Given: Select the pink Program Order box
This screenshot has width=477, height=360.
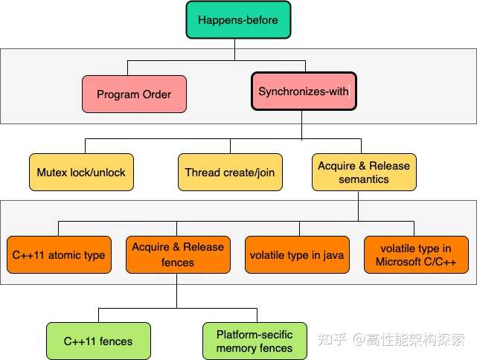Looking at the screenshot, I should point(134,94).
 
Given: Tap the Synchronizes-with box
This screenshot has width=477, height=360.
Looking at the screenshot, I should point(304,91).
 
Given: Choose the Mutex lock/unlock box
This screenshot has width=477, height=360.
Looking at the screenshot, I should point(81,172).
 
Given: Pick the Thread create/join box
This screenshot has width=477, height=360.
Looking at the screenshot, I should point(230,172).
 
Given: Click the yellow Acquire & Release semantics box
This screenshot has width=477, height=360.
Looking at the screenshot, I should point(364,172).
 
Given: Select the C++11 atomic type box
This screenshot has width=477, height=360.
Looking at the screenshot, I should point(59,255).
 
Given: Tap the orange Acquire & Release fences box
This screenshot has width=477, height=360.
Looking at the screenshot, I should point(177,254).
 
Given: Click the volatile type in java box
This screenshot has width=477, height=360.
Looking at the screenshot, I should point(297,255).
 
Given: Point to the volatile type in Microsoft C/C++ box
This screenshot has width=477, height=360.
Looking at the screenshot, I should point(415,254).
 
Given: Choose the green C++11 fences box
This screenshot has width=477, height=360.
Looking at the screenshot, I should point(98,341).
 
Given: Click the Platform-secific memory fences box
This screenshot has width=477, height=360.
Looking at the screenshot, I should point(254,341).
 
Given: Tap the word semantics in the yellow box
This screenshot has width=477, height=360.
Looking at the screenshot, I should point(364,179).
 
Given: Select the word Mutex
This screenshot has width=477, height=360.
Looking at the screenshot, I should point(51,172).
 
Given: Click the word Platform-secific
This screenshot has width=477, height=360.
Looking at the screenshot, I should point(254,334).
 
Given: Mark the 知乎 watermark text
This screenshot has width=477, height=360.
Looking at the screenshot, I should point(330,339).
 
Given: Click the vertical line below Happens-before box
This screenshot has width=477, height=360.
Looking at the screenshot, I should point(234,48).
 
